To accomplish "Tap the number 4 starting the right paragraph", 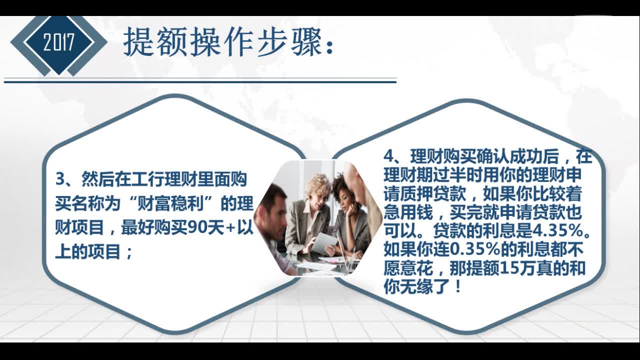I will point(389,156).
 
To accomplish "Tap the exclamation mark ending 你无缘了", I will point(457,288).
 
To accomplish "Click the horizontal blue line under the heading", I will point(200,81).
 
